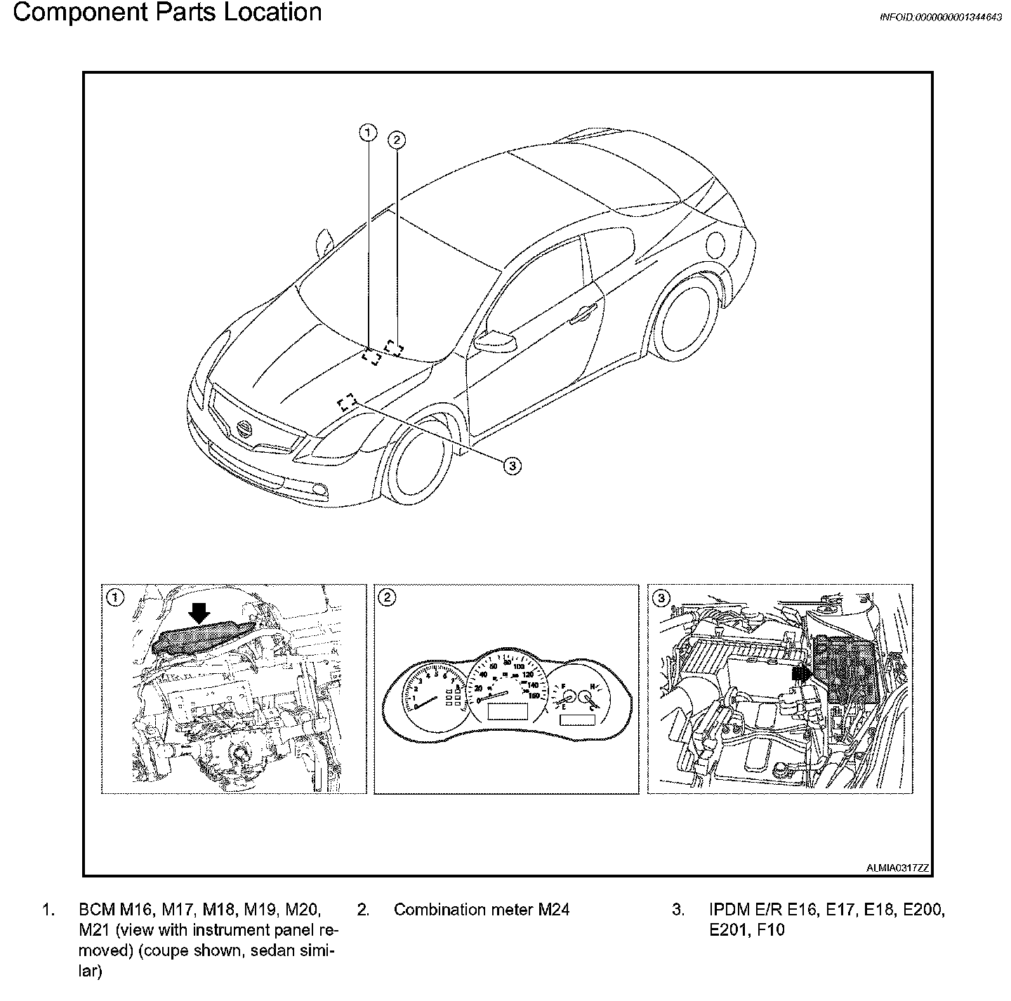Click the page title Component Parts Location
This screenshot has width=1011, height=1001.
(x=167, y=13)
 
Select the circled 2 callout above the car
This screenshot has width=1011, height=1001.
(x=397, y=140)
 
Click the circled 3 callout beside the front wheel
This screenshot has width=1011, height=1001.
(x=512, y=465)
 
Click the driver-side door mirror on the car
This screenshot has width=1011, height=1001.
(x=496, y=341)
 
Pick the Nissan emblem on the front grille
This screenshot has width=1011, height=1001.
(x=244, y=429)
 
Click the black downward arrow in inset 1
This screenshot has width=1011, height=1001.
(x=200, y=613)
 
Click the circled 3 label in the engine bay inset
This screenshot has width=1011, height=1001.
(x=661, y=598)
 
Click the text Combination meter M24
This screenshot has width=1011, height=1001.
(x=481, y=910)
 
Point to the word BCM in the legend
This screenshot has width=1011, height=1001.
(x=96, y=910)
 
